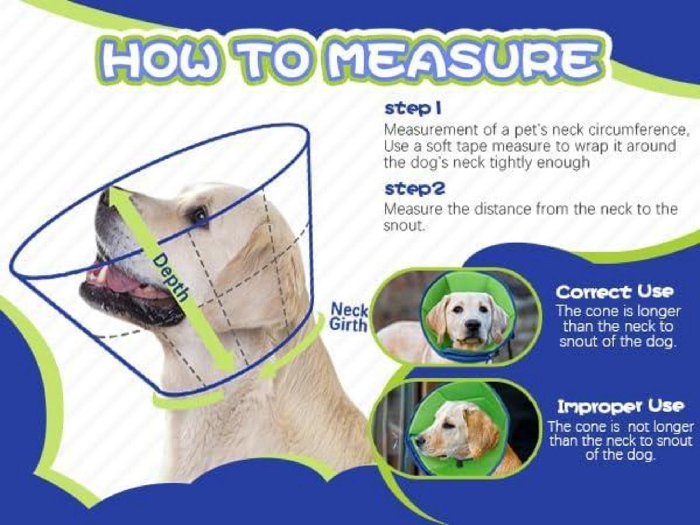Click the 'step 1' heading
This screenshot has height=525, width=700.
point(413,109)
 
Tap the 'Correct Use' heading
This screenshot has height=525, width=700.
point(614,292)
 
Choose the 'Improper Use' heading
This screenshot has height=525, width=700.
point(621,407)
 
